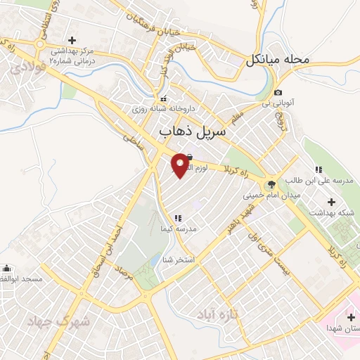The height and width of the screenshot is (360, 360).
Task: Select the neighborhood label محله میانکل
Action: click(278, 60)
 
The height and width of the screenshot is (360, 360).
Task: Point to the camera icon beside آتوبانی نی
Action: click(278, 93)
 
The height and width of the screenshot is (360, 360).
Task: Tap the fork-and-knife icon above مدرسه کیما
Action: click(178, 219)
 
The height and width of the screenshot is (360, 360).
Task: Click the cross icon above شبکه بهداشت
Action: click(331, 202)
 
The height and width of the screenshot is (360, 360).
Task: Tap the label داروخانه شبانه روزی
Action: click(164, 110)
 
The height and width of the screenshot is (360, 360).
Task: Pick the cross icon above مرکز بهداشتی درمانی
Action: click(71, 39)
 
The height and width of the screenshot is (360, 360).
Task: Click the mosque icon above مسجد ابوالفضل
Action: click(7, 268)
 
